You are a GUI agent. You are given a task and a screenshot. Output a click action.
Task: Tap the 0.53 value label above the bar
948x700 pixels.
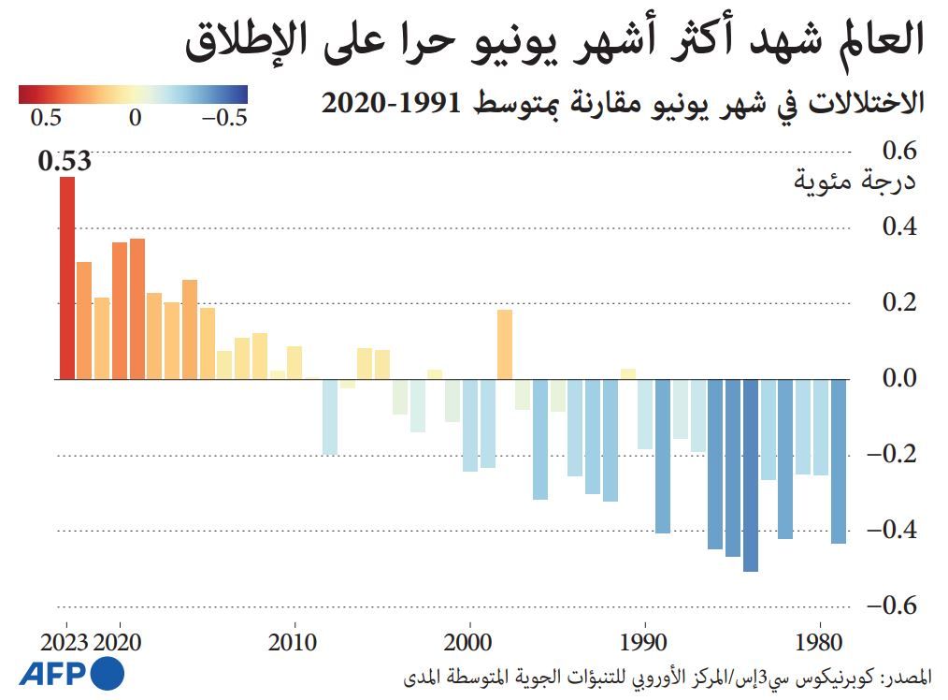tap(65, 161)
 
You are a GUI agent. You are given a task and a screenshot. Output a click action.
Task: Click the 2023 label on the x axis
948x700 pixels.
tap(65, 644)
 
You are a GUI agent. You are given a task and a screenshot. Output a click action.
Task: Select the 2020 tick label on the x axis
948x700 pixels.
tap(120, 644)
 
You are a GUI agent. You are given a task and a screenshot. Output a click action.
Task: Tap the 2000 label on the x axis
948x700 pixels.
tap(469, 644)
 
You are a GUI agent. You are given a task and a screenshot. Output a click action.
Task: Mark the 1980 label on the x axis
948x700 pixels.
tap(820, 644)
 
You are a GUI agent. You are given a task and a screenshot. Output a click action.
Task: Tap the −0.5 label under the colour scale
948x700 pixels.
tap(224, 119)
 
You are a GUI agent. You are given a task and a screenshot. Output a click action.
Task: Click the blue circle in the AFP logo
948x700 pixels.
tap(108, 674)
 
